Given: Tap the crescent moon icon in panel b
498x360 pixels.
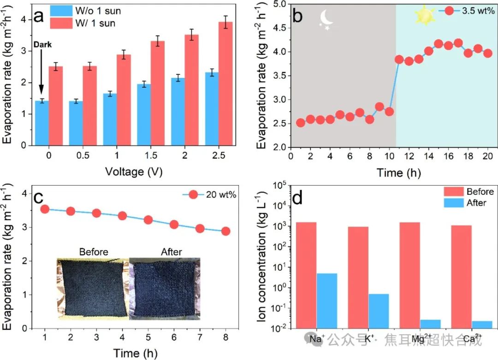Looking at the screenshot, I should (328, 19).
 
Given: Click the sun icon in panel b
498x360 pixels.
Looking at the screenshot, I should (425, 15).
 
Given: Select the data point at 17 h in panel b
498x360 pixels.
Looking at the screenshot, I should (458, 43).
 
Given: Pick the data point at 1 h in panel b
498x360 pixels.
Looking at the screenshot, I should (301, 123).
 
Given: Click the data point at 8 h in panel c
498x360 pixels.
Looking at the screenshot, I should (225, 231).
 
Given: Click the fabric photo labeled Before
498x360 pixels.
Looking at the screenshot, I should (93, 288).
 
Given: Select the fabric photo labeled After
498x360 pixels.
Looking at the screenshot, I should (165, 288).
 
